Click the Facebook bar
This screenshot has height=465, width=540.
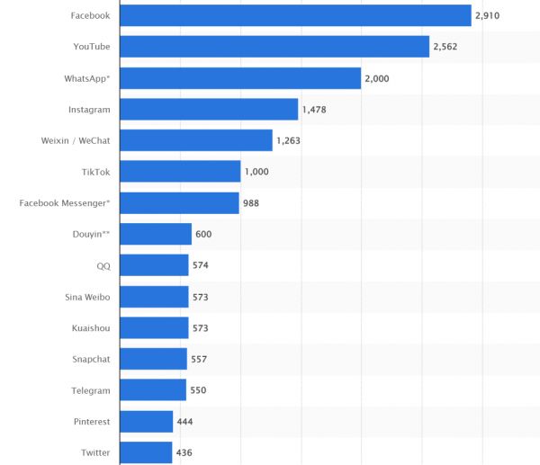click(x=295, y=15)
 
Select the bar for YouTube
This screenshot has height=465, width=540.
click(x=274, y=47)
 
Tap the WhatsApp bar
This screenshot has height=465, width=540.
click(x=240, y=78)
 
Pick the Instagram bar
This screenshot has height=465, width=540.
click(x=209, y=109)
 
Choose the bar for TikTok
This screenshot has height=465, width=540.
click(x=180, y=172)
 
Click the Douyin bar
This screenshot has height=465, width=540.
click(x=156, y=234)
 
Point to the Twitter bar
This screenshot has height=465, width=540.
click(x=146, y=452)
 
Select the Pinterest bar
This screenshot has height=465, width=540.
click(x=147, y=421)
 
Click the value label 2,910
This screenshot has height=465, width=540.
click(x=489, y=16)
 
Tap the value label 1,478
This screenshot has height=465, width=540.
click(x=315, y=110)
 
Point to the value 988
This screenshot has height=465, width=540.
click(x=251, y=203)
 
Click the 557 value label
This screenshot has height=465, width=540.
click(x=200, y=359)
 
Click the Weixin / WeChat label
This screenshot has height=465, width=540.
click(x=76, y=140)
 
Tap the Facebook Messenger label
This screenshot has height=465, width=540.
click(x=65, y=203)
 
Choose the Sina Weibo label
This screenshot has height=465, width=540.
click(x=87, y=297)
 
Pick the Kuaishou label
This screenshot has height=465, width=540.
click(x=91, y=327)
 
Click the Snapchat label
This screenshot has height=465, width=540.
click(x=91, y=359)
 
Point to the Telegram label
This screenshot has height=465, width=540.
click(x=91, y=390)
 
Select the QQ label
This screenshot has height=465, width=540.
click(x=103, y=265)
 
